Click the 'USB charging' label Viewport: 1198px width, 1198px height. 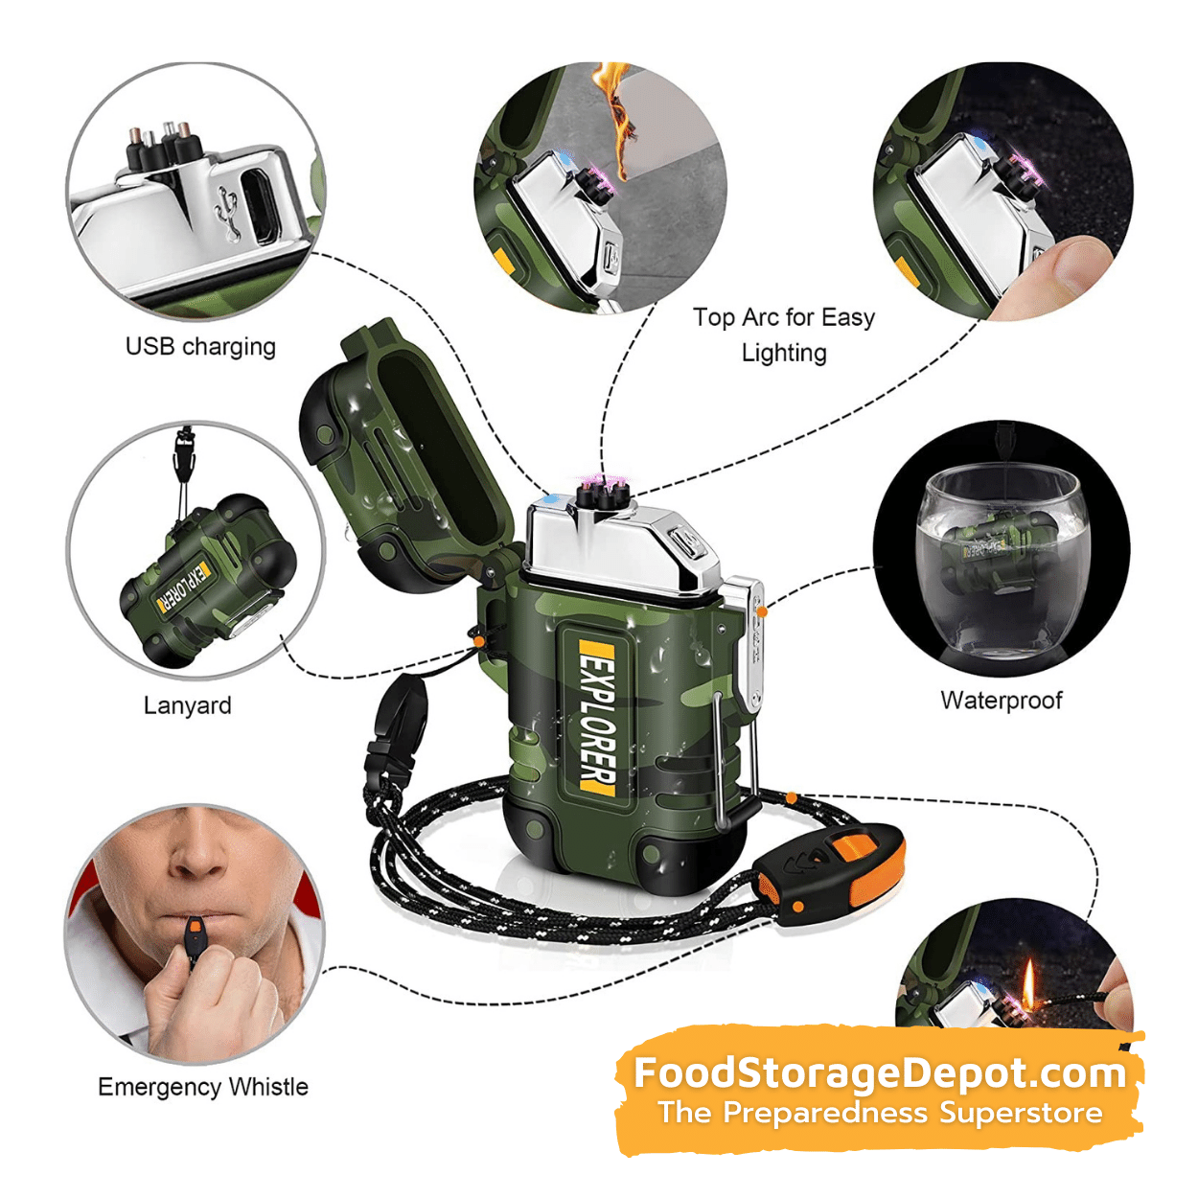200,347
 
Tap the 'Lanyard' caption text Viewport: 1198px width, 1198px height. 187,705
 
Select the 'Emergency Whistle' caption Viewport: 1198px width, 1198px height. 202,1087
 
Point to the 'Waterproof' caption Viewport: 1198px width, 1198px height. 1001,700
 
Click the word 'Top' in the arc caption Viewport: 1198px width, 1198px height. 714,317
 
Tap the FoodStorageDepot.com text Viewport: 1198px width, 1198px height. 880,1073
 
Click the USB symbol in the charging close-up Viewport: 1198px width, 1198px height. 227,213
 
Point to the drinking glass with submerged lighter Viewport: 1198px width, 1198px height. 1002,561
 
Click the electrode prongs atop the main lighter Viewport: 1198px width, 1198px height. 601,495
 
